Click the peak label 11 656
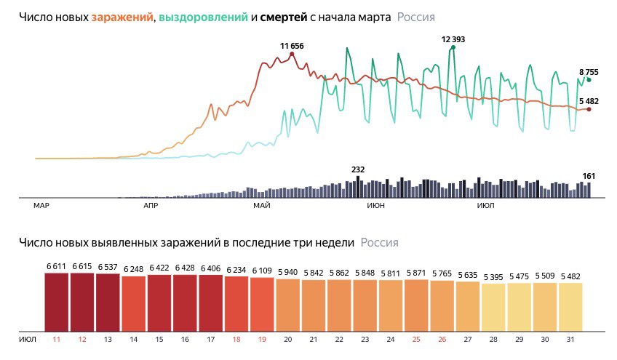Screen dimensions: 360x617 [292, 46]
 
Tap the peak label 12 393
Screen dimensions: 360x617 [453, 39]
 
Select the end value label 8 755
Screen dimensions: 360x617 [589, 72]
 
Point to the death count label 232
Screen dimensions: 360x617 [358, 169]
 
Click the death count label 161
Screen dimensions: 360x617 [589, 176]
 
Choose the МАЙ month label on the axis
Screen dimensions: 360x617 [261, 207]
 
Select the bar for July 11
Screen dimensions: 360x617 [56, 302]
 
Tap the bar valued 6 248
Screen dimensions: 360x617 [134, 304]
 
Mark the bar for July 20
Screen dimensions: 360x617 [288, 305]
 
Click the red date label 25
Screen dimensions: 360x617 [415, 340]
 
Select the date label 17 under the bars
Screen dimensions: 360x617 [211, 340]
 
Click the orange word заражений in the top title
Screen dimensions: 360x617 [122, 16]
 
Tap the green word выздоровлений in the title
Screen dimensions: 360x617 [202, 16]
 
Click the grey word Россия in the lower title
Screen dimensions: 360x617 [379, 242]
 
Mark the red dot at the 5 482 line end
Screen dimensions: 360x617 [589, 109]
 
